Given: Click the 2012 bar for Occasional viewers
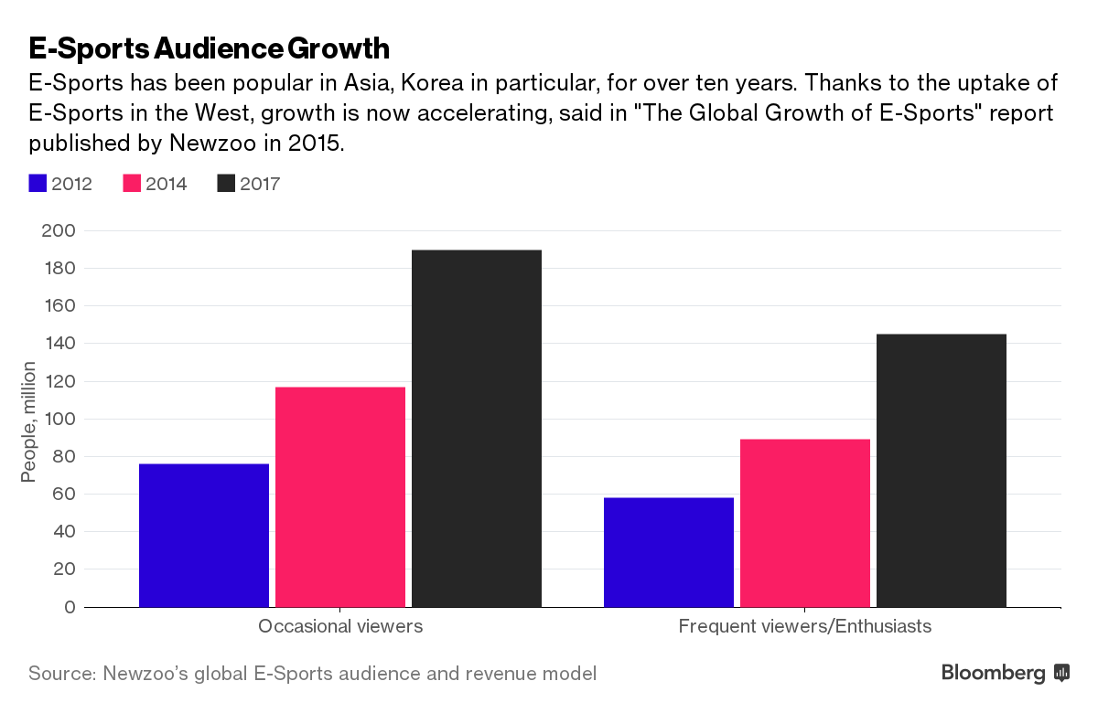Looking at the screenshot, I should pos(204,535).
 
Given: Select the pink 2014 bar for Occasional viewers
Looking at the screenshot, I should pos(340,496).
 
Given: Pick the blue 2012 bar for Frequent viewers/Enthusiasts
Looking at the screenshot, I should pos(669,552).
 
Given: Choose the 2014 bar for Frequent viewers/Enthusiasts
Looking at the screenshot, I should pos(805,523).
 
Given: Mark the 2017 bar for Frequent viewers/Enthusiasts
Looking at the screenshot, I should pos(942,470).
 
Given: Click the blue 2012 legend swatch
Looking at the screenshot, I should pos(38,184).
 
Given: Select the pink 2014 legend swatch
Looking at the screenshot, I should pos(132,184).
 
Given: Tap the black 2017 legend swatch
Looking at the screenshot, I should pos(226,184).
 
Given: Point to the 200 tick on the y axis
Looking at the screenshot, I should pos(58,230).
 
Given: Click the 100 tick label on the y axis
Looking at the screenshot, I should pos(58,419).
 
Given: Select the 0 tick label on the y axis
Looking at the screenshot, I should pos(68,607).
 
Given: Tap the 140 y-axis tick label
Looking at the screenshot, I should pos(58,344).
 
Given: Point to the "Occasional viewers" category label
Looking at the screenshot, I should pos(340,627).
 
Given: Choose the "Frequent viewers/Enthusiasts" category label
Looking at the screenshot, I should pos(805,627).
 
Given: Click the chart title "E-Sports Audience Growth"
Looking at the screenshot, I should pos(210,48).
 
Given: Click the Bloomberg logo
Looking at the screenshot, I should pos(1006,674).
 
